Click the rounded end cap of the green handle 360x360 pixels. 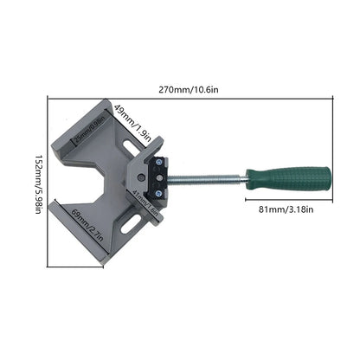326,181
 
